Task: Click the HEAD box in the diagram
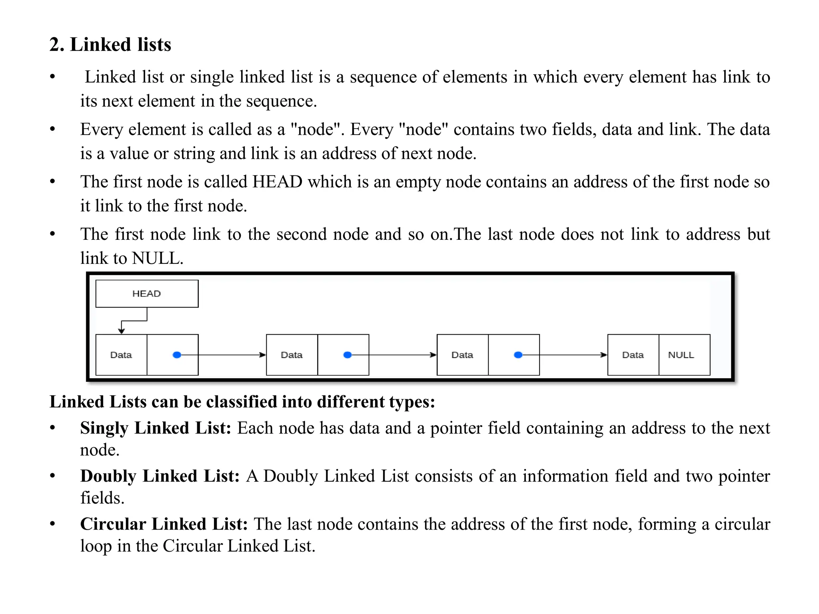pos(147,293)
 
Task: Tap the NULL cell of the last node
pos(684,355)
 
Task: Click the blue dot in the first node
pos(177,355)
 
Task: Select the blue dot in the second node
pos(348,355)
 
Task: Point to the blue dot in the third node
pos(518,355)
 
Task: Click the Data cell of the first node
pos(121,355)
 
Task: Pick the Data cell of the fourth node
pos(633,355)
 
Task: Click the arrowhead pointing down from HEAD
pos(122,331)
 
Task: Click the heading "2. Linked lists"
pos(110,44)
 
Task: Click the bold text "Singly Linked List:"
pos(156,428)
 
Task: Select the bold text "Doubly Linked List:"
pos(160,476)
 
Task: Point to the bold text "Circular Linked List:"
pos(164,524)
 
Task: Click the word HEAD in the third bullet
pos(277,182)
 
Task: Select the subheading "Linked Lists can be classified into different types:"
pos(242,402)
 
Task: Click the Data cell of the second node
pos(292,355)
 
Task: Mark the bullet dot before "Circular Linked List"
pos(52,523)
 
